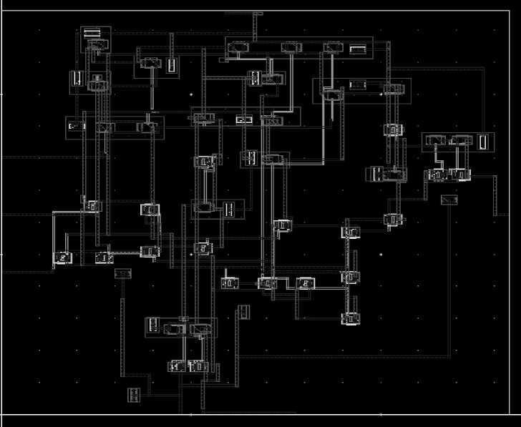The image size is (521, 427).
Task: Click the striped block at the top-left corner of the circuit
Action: (x=92, y=33)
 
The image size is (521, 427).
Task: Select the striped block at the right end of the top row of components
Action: (x=357, y=49)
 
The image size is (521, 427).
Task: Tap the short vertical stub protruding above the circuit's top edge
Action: (x=254, y=26)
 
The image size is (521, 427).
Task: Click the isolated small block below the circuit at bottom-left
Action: (x=133, y=394)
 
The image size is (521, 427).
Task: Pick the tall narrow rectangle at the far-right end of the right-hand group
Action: (x=484, y=142)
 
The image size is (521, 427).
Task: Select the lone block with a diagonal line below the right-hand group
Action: (x=449, y=200)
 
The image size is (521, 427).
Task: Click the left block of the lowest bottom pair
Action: (x=175, y=366)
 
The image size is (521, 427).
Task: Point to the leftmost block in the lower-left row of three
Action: (x=63, y=257)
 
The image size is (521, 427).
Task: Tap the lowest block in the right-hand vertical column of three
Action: (x=350, y=318)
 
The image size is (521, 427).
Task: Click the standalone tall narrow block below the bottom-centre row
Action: (x=243, y=311)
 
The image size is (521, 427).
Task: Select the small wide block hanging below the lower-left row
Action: (x=123, y=273)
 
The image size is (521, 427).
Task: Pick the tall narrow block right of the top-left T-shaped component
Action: (x=171, y=65)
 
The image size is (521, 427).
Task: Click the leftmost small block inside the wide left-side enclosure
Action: (x=76, y=127)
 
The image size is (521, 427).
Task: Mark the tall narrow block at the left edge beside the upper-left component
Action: (x=76, y=79)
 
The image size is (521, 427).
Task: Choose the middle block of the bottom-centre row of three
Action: (x=268, y=284)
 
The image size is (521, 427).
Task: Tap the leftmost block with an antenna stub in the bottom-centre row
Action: (x=228, y=283)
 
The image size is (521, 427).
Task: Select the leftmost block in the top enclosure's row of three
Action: (x=238, y=48)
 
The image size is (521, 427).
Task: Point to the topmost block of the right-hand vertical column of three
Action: (x=351, y=232)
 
